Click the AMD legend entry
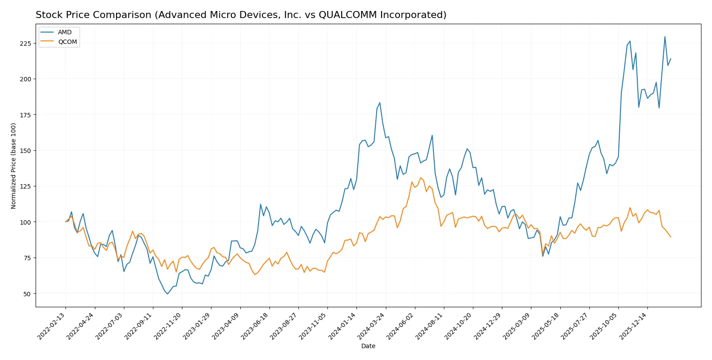(x=65, y=33)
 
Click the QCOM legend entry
(x=67, y=42)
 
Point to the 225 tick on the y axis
(x=25, y=44)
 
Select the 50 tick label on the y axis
(x=27, y=294)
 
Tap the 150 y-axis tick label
(x=25, y=151)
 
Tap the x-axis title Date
(x=368, y=346)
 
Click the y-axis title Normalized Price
(x=14, y=166)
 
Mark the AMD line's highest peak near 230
(x=665, y=36)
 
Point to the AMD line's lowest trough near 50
(x=167, y=294)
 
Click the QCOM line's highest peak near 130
(x=421, y=178)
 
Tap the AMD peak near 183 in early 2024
(x=380, y=103)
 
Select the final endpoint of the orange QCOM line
(x=671, y=237)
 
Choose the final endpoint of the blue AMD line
(x=671, y=58)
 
